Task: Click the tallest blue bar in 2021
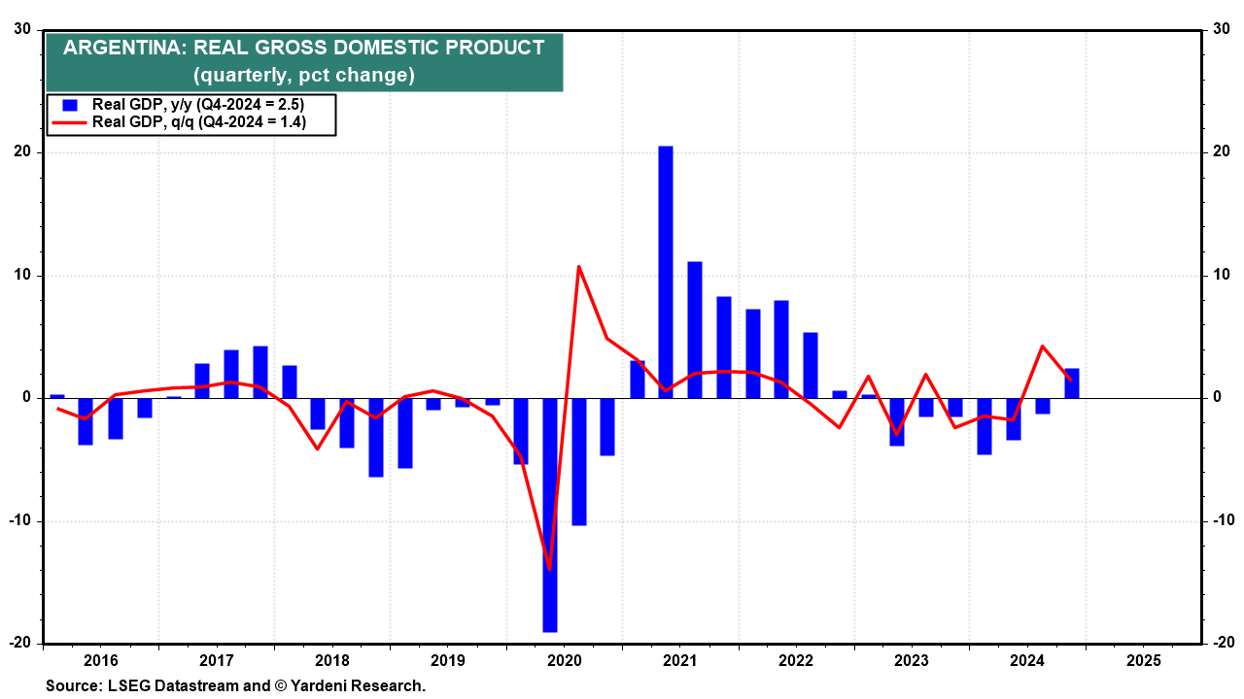pyautogui.click(x=666, y=272)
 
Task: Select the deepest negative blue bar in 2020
pyautogui.click(x=550, y=515)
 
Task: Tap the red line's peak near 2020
pyautogui.click(x=578, y=266)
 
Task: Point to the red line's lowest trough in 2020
pyautogui.click(x=550, y=569)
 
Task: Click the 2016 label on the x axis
pyautogui.click(x=101, y=661)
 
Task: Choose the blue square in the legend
pyautogui.click(x=69, y=105)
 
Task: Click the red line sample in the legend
pyautogui.click(x=69, y=122)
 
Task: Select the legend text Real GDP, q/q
pyautogui.click(x=142, y=122)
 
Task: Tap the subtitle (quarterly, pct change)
pyautogui.click(x=304, y=75)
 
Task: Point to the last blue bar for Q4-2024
pyautogui.click(x=1072, y=383)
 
